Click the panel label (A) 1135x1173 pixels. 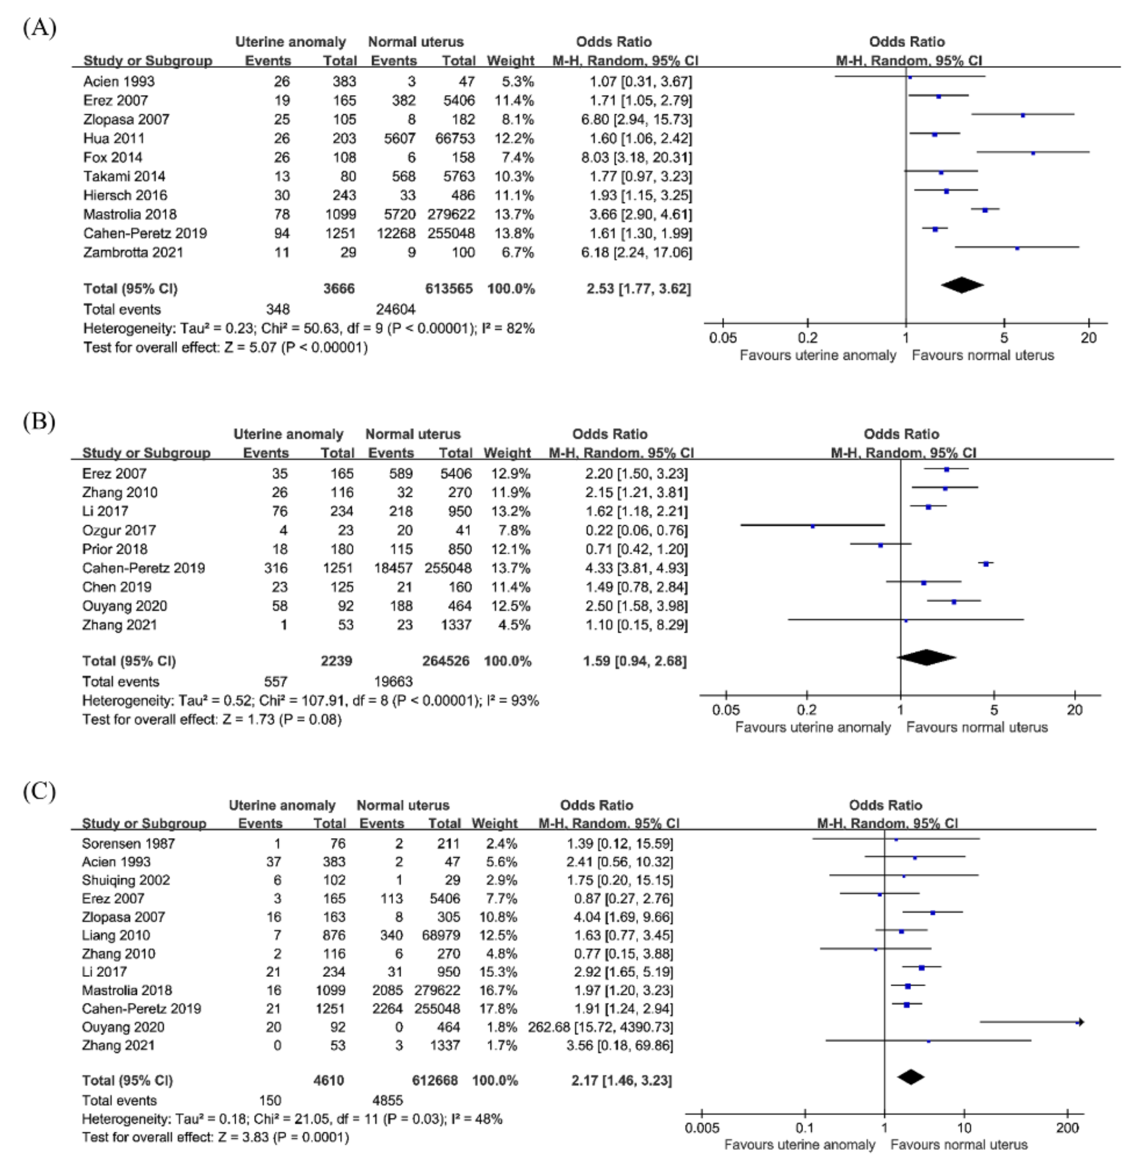tap(39, 28)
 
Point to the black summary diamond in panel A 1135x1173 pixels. tap(962, 286)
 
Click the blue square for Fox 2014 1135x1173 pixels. tap(1033, 153)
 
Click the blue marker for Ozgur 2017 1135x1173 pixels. tap(812, 527)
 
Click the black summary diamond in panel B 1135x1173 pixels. tap(926, 657)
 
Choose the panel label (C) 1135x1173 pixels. tap(39, 791)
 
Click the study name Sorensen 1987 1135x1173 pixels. tap(128, 844)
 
